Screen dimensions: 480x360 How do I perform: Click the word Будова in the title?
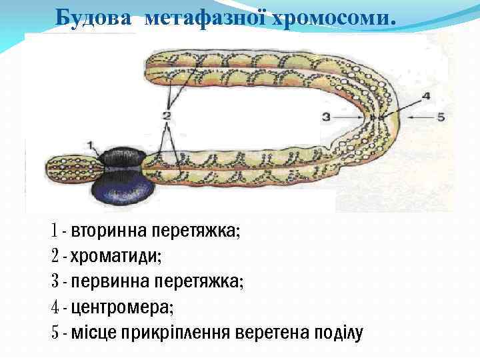(95, 15)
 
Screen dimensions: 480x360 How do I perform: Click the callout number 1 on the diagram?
(91, 144)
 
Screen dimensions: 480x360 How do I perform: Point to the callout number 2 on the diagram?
(166, 115)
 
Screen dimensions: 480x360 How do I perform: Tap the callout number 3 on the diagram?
(326, 117)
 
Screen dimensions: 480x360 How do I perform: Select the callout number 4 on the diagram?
(425, 96)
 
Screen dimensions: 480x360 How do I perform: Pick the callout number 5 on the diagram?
(440, 117)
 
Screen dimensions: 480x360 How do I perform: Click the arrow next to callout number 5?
(420, 117)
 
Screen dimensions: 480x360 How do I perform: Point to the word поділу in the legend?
(339, 332)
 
